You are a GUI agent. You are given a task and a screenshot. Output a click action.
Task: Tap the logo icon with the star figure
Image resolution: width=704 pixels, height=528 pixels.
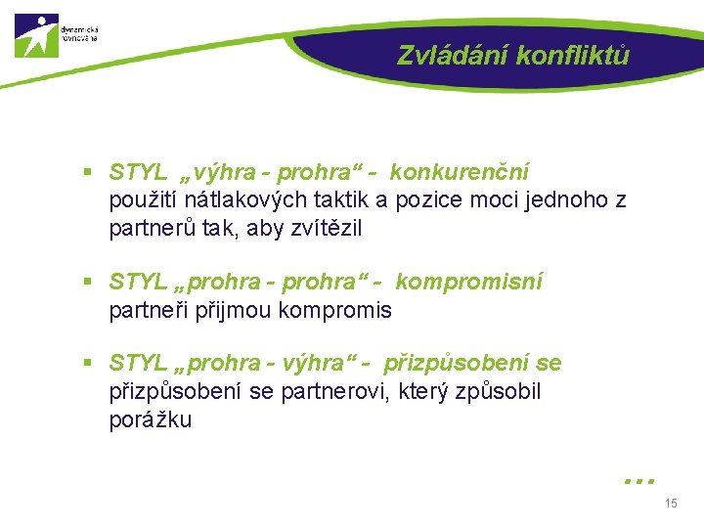(x=36, y=35)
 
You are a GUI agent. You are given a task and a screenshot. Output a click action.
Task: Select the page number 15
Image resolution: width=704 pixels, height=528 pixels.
(x=670, y=504)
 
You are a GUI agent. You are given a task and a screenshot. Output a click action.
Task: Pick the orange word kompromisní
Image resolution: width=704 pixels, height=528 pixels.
(x=468, y=283)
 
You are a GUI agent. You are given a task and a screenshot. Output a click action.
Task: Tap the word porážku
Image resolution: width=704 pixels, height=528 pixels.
(x=151, y=420)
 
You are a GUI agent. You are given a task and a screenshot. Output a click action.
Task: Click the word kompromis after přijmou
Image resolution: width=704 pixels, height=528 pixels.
(x=335, y=311)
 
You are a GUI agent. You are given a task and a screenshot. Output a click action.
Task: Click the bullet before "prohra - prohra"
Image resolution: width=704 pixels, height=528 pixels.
(x=87, y=284)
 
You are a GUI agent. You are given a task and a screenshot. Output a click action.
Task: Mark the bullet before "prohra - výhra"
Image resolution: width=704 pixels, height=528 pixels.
(x=87, y=364)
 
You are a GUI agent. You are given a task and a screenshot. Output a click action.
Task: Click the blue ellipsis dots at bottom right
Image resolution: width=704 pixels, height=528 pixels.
(x=638, y=480)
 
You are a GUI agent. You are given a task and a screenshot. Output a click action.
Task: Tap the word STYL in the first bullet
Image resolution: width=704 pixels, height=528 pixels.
(x=139, y=173)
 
